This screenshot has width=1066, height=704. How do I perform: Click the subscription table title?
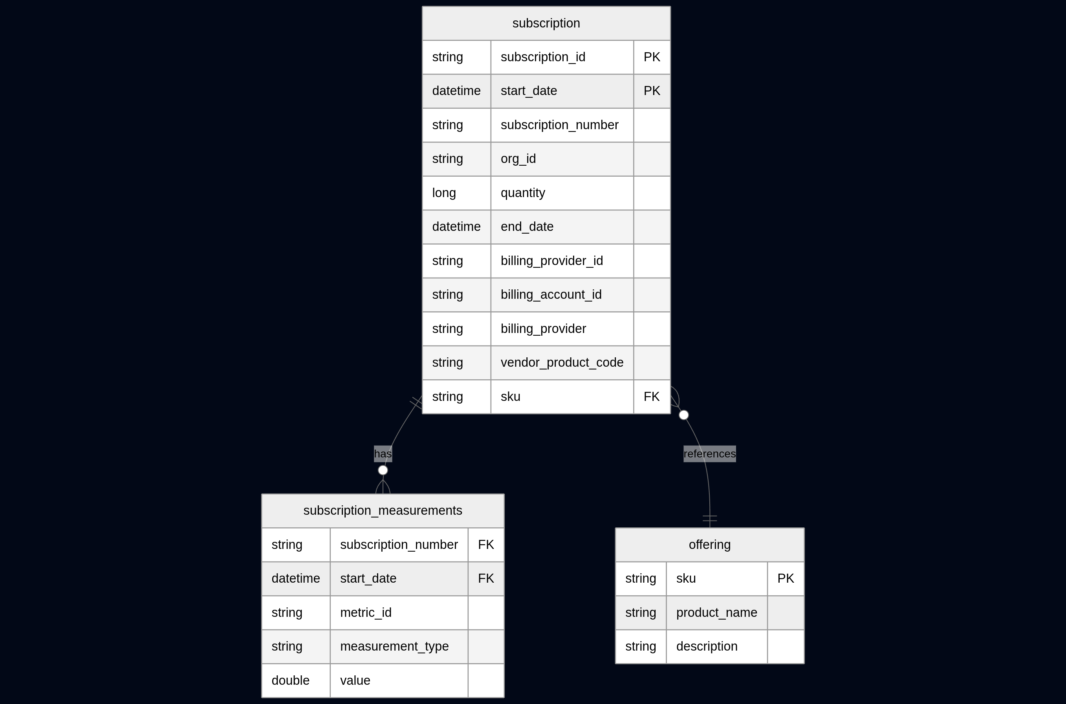point(546,23)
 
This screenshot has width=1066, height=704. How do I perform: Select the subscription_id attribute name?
point(543,57)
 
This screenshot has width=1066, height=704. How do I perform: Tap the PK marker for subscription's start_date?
point(652,91)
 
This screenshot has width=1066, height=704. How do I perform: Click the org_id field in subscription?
point(518,159)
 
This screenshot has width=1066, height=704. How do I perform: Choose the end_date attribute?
point(527,227)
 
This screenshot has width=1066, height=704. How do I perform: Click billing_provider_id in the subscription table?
point(551,261)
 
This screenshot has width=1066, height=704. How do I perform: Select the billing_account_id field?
point(551,294)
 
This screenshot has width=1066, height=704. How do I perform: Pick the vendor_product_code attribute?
point(562,362)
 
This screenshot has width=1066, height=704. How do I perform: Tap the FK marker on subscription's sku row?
point(652,397)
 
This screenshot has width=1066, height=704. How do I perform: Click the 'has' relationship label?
point(383,454)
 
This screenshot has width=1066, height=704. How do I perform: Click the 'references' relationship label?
point(709,454)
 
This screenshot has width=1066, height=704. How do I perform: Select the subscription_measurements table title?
point(383,510)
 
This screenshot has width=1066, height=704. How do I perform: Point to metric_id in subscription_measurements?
point(366,613)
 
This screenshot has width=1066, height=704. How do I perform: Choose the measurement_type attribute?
point(394,646)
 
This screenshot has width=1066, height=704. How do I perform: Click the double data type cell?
point(290,680)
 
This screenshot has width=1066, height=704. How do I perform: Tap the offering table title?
point(709,545)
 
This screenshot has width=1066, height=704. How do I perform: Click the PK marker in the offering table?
point(785,578)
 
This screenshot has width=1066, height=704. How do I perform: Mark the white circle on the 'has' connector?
point(383,470)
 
